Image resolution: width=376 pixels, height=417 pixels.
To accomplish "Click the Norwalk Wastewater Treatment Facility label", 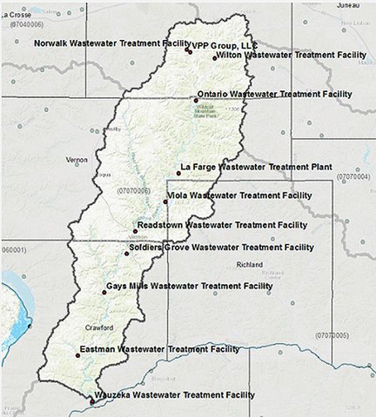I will point(111,43).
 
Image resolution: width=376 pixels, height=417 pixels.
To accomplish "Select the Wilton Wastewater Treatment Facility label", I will point(291,55).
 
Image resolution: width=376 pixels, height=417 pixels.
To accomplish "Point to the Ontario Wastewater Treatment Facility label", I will point(274,94).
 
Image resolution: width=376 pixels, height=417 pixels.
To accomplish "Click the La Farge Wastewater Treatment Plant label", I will point(256,166).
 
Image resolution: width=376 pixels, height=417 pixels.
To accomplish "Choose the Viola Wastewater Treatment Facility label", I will point(242,196).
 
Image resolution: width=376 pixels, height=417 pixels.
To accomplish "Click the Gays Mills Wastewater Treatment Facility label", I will point(189,286).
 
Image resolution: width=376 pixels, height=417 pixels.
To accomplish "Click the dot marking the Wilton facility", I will point(215,58).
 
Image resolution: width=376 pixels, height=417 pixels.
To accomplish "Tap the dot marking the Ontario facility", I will point(196,100).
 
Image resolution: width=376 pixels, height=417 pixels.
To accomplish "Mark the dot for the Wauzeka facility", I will point(91,401).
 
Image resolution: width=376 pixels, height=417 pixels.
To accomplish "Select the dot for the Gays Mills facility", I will point(104,292).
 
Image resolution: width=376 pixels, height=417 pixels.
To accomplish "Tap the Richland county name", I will point(250,264).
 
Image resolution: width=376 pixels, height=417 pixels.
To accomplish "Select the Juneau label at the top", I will point(346,5).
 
